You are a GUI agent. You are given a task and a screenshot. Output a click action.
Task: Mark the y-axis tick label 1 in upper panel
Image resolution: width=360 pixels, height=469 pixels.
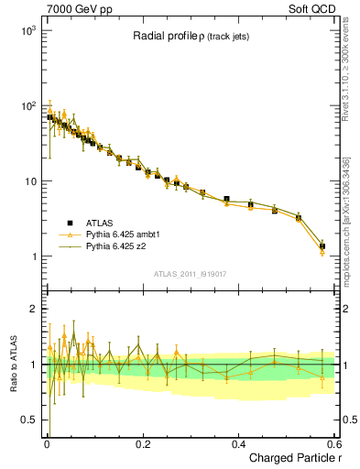[x=32, y=256]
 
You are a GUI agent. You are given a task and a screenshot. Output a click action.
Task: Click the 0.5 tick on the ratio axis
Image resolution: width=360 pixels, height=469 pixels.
[x=27, y=420]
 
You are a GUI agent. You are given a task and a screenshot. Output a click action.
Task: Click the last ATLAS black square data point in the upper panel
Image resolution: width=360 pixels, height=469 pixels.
[x=322, y=246]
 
